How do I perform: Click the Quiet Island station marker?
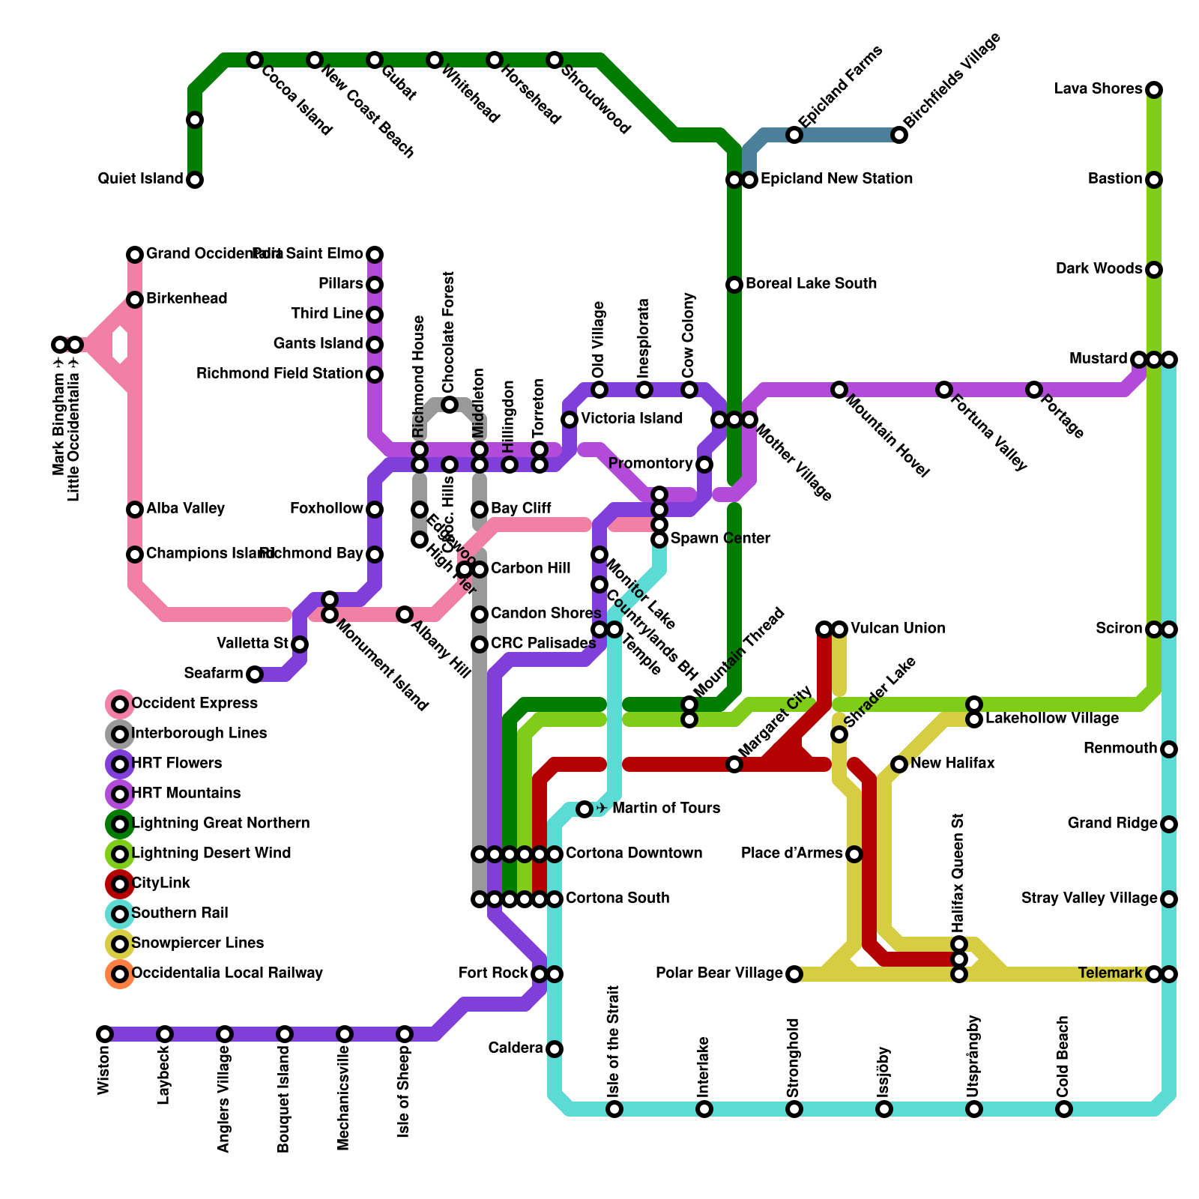pos(195,180)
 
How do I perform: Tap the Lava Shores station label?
pos(1098,89)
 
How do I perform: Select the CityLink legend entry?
pos(160,884)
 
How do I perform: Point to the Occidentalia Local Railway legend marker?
pos(120,974)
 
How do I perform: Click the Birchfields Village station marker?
pos(899,135)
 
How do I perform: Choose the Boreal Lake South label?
pos(811,284)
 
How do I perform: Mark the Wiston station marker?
pos(105,1034)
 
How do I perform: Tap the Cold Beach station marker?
pos(1064,1109)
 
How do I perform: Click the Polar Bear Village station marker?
pos(794,974)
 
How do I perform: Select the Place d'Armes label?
pos(791,854)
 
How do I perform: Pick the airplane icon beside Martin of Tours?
pos(602,809)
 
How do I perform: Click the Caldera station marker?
pos(555,1049)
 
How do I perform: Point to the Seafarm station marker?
pos(255,674)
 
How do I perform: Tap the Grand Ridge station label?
pos(1112,824)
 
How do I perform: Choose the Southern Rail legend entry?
pos(179,913)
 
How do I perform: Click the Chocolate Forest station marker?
pos(450,405)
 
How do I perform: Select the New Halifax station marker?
pos(899,764)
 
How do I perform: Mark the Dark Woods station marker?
pos(1154,270)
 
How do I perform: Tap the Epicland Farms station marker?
pos(794,135)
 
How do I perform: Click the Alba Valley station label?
pos(185,509)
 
